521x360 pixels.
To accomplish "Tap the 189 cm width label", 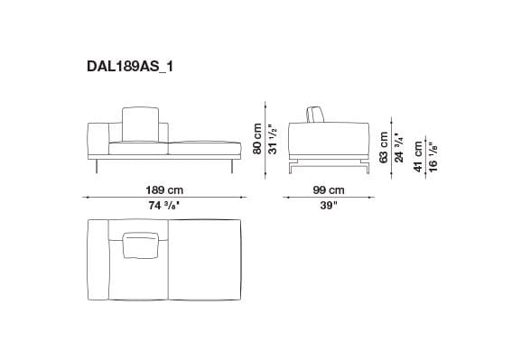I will tap(165, 190).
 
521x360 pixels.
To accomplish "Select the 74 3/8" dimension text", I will tap(165, 205).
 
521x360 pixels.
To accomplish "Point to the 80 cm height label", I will tap(257, 138).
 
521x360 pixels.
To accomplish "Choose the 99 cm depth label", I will tap(328, 190).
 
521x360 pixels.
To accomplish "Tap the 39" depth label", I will tap(328, 205).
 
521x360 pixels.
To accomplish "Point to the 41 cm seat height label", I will tap(419, 155).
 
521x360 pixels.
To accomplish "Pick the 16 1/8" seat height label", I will tap(433, 155).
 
